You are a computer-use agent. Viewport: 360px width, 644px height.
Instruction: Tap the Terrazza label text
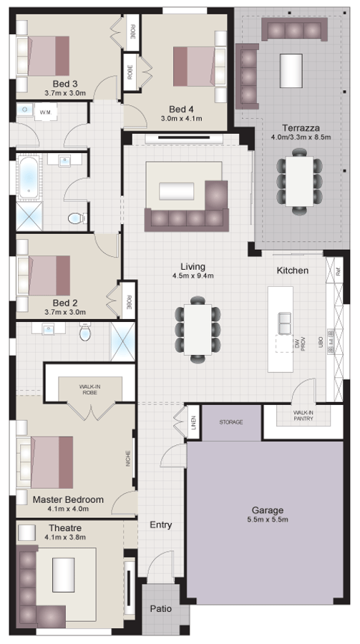[295, 127]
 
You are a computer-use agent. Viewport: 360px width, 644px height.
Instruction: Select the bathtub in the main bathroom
[28, 177]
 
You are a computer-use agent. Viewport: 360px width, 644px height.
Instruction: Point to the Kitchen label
[293, 270]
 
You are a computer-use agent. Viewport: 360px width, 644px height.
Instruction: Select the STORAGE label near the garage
[230, 422]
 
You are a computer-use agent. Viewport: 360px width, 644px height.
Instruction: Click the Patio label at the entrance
[160, 608]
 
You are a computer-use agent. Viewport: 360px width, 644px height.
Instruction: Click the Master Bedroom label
[68, 499]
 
